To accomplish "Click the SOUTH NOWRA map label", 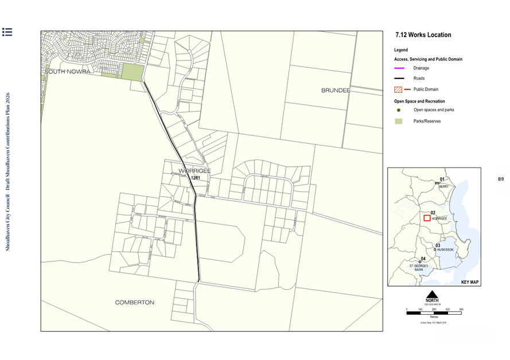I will coord(67,72).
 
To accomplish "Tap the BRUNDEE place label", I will coord(336,91).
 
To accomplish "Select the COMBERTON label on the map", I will coord(135,302).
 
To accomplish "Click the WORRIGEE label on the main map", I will coord(194,171).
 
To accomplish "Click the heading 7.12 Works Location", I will coord(423,35).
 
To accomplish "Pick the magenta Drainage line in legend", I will coord(399,68).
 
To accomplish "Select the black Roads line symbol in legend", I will coord(399,79).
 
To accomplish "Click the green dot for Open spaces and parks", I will coord(398,109).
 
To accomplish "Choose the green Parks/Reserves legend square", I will coord(398,121).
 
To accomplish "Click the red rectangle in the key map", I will coord(426,218).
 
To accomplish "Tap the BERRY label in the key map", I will coord(443,186).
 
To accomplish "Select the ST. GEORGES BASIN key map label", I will coord(419,267).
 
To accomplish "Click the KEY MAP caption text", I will coord(470,282).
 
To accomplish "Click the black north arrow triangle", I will coord(431,294).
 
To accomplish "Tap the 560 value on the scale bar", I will coord(461,309).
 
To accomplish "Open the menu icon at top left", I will coord(7,32).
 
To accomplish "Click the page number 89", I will coord(500,179).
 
